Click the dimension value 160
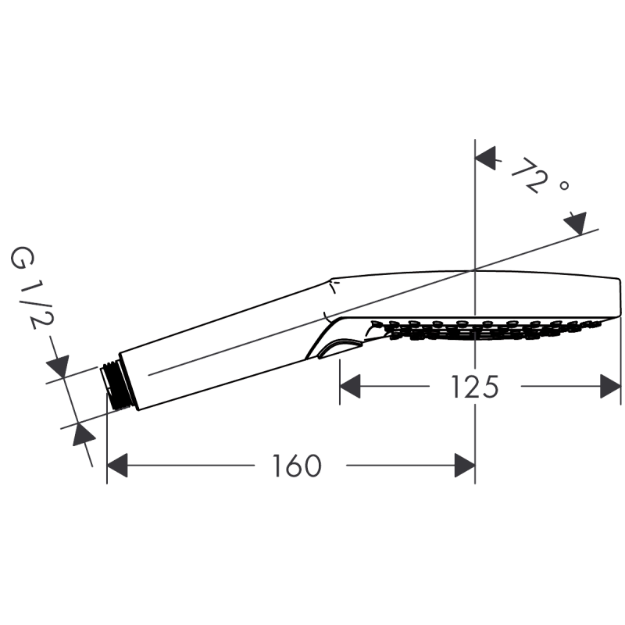tap(299, 467)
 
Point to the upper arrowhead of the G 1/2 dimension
tap(55, 366)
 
